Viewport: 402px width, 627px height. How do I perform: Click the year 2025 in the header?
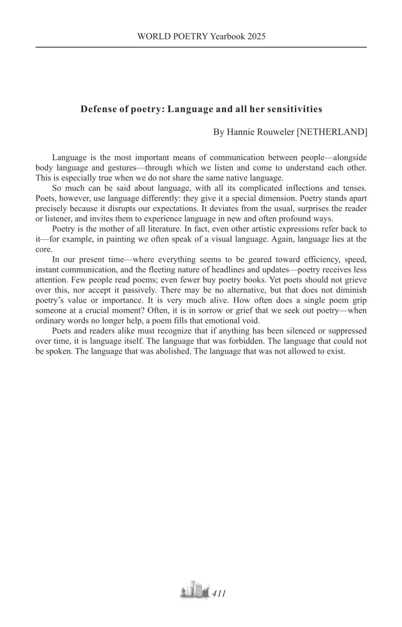pyautogui.click(x=256, y=36)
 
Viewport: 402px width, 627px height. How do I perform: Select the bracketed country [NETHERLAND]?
pyautogui.click(x=332, y=132)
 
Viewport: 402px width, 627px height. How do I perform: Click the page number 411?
pyautogui.click(x=219, y=593)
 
